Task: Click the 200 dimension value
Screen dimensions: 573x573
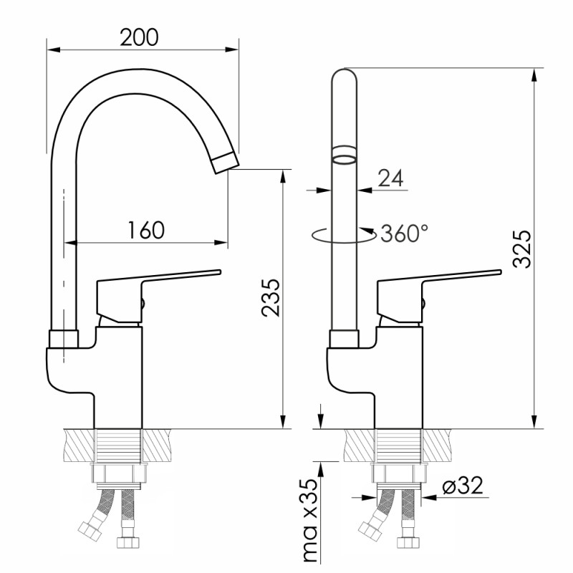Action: [139, 37]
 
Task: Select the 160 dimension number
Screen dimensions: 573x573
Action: [146, 230]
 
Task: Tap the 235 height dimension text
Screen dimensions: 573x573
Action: [271, 298]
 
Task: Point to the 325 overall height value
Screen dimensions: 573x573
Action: [522, 249]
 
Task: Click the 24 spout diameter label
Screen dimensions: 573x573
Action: [390, 178]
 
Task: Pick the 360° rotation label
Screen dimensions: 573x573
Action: [405, 233]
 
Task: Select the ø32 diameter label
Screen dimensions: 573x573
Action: [463, 485]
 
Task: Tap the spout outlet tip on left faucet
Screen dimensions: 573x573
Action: [226, 162]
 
